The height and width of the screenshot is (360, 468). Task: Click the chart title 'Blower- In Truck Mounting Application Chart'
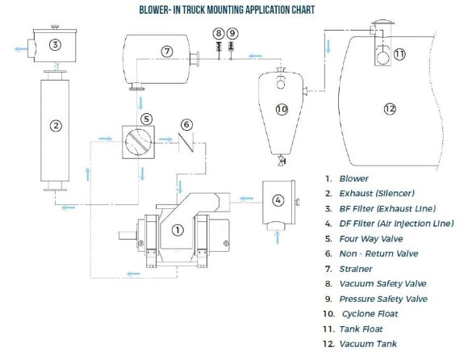tap(234, 10)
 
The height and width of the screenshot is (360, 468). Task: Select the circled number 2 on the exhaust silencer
tap(56, 125)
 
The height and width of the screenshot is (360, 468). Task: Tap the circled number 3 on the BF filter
tap(54, 44)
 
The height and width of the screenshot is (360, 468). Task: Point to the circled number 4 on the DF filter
tap(277, 201)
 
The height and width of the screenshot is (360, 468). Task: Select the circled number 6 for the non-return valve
tap(186, 124)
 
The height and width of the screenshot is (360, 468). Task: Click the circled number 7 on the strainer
tap(166, 52)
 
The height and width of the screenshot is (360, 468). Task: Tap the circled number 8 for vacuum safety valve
tap(219, 33)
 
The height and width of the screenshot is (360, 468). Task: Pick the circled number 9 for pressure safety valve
tap(232, 33)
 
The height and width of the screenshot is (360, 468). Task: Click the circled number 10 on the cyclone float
tap(282, 108)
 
